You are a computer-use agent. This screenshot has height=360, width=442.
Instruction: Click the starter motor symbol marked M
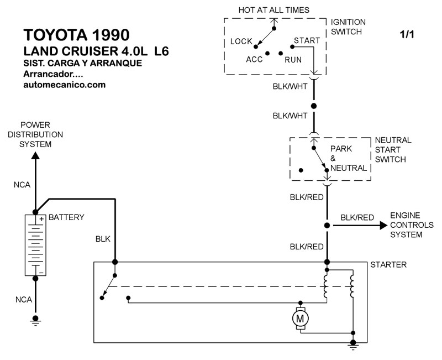[x=301, y=318]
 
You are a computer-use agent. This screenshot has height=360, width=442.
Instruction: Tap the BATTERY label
[x=66, y=217]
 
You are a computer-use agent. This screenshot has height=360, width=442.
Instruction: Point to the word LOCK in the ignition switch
[x=241, y=41]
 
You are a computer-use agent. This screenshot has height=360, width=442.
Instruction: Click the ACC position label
[x=255, y=59]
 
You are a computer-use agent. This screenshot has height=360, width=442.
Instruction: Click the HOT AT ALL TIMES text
[x=273, y=10]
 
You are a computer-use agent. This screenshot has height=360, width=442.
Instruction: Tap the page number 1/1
[x=407, y=34]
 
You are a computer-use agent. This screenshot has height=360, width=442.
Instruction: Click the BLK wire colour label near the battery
[x=103, y=239]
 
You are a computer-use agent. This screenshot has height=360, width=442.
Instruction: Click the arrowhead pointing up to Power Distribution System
[x=35, y=156]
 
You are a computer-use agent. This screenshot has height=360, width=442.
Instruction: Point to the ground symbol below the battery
[x=36, y=319]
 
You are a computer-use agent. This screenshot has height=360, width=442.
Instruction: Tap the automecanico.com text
[x=65, y=85]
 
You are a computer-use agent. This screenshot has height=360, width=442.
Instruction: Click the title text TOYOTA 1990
[x=77, y=34]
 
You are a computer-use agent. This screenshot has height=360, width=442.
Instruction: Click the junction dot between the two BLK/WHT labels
[x=314, y=105]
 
